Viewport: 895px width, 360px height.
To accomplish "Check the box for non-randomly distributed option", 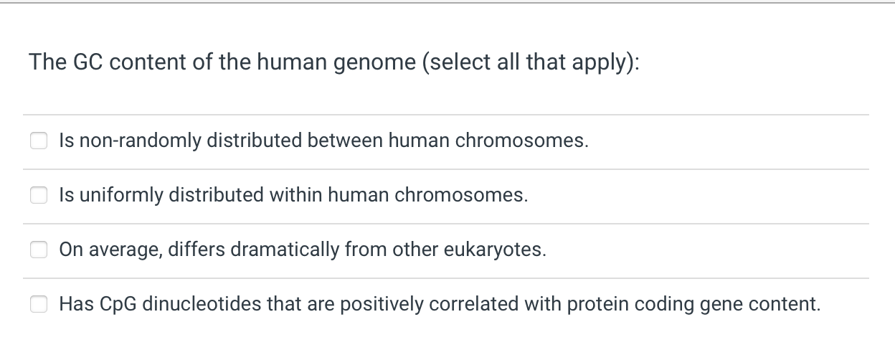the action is coord(39,141).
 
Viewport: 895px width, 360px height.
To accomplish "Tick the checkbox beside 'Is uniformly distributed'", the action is coord(39,195).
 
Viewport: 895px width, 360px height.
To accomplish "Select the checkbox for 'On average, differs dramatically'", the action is coord(39,250).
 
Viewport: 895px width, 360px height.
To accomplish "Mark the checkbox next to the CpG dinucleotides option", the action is coord(39,304).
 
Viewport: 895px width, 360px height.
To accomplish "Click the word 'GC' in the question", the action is coord(88,62).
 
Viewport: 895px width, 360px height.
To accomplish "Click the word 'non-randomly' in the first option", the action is coord(141,141).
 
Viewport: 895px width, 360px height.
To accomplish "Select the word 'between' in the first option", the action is coord(345,141).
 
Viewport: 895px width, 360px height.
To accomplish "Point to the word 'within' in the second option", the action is coord(295,194).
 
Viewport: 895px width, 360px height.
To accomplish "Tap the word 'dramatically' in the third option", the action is coord(285,250).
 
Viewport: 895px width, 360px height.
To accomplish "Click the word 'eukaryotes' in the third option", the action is coord(493,250).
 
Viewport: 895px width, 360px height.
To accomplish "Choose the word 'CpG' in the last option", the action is coord(118,305).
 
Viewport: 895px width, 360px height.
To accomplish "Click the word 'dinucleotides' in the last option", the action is coord(202,303).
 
